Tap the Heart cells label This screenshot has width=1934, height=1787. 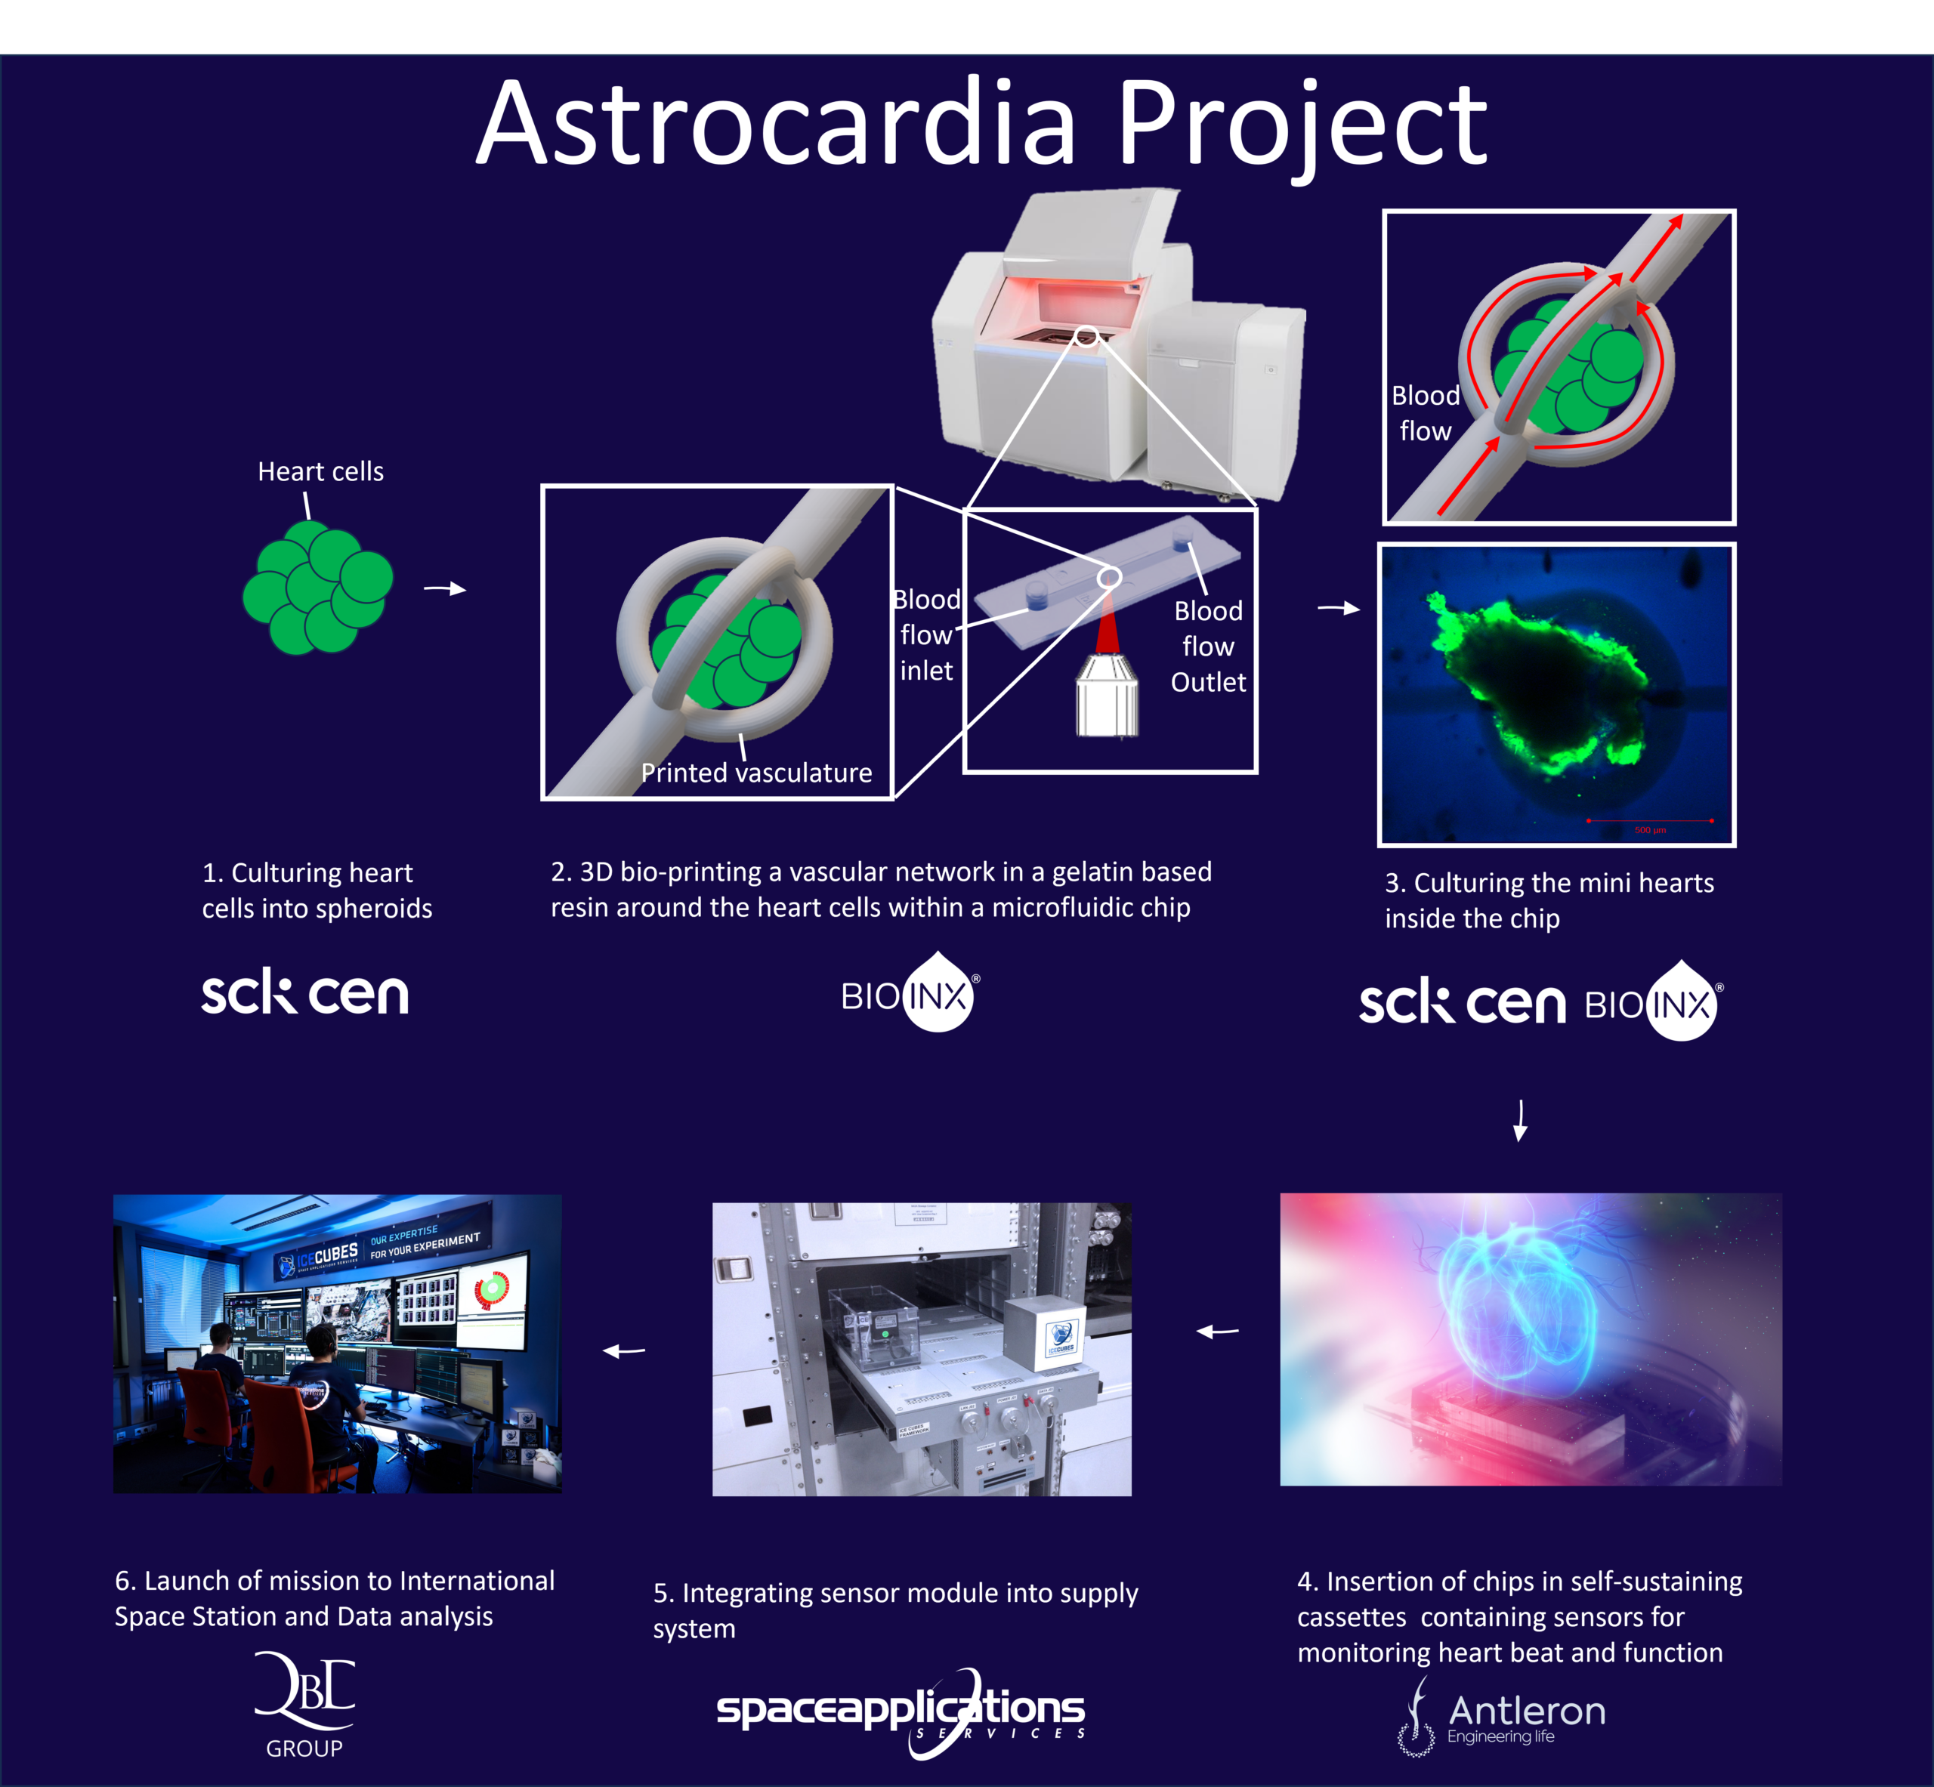point(320,472)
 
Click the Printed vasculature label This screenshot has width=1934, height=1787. point(756,773)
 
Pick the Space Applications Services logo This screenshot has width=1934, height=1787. point(901,1712)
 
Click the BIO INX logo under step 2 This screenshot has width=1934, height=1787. point(909,993)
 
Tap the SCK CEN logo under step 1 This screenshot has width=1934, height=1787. point(304,993)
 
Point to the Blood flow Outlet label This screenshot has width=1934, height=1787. point(1208,646)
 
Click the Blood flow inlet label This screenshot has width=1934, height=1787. point(926,635)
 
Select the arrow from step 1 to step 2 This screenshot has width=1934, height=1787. point(445,589)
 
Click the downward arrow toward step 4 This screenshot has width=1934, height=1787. point(1520,1120)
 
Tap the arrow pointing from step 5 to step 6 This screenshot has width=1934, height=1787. point(624,1351)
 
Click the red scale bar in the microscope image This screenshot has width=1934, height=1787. point(1650,820)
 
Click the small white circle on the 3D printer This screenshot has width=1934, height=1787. point(1086,337)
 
